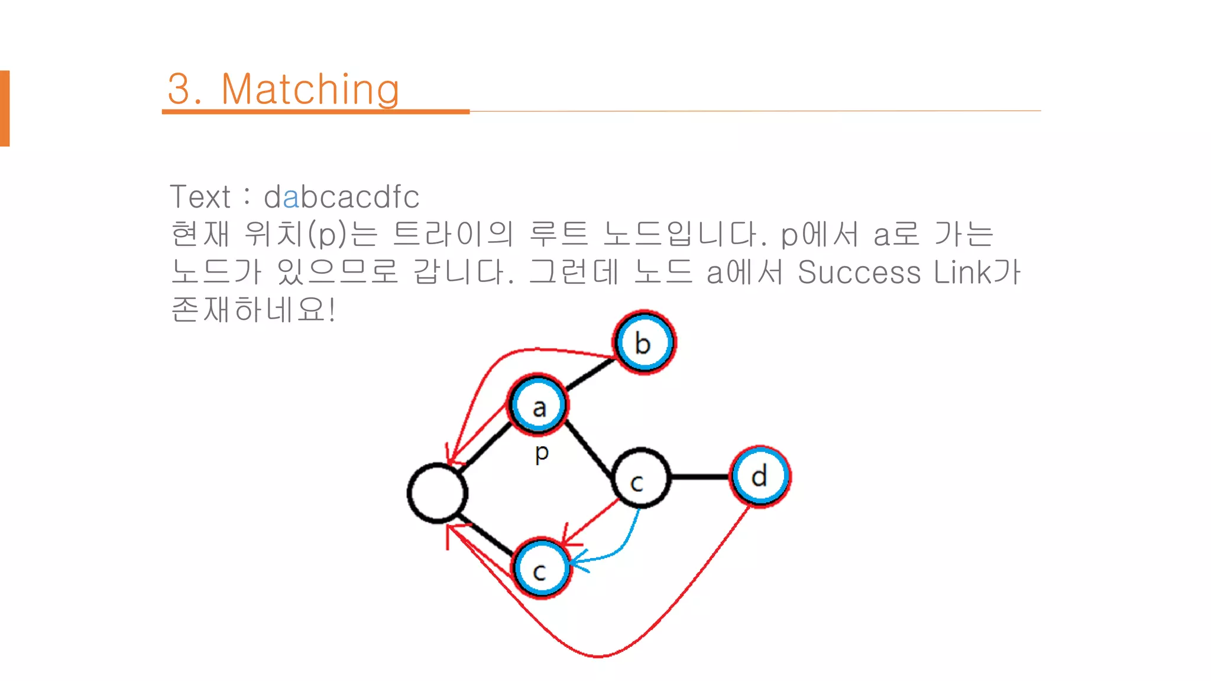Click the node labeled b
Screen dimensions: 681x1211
(x=644, y=342)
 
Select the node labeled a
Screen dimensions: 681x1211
(x=538, y=406)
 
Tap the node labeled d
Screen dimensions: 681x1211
(x=760, y=476)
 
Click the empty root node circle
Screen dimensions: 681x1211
(x=438, y=493)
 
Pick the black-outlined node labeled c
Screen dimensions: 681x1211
(x=640, y=478)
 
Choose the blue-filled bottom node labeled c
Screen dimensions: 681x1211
(x=540, y=568)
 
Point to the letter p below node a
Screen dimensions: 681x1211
(x=542, y=453)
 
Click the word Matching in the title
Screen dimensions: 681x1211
(x=310, y=89)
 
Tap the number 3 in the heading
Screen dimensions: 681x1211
(x=180, y=89)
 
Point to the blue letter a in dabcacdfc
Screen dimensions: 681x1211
(x=291, y=197)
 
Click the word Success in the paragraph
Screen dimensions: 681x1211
(x=859, y=272)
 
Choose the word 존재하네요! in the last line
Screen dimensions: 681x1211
(x=254, y=309)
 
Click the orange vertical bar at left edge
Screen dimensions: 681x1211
(x=5, y=108)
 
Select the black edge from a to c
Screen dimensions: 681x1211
(x=589, y=449)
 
